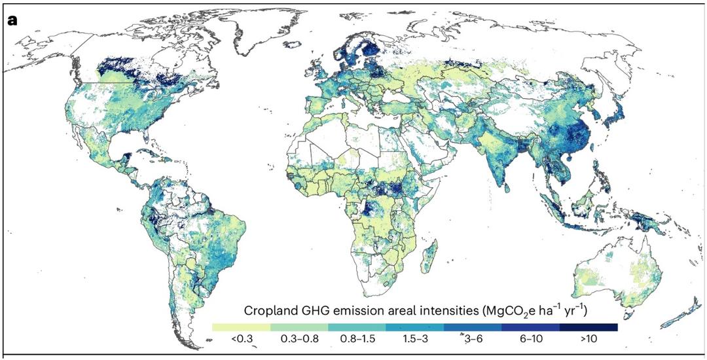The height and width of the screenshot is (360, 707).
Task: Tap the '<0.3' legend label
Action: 241,340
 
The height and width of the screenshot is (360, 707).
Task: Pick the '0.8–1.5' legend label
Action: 357,340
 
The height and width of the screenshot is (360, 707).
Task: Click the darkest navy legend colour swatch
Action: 589,327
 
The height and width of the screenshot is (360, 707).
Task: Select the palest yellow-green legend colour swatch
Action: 241,327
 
